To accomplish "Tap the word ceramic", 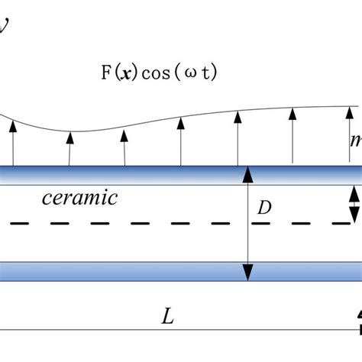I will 81,199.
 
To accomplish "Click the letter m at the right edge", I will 356,141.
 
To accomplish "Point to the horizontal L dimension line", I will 176,330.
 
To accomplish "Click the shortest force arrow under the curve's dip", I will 69,148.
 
